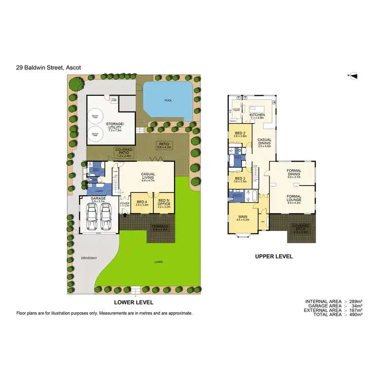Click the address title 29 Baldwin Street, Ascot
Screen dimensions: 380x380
point(49,66)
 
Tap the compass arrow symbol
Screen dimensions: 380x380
point(354,76)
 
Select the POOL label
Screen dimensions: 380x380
point(168,100)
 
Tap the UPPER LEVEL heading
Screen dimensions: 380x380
point(274,256)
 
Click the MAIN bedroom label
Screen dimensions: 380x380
point(243,218)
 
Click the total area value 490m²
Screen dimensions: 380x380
point(355,315)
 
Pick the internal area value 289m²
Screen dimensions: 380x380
point(355,301)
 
